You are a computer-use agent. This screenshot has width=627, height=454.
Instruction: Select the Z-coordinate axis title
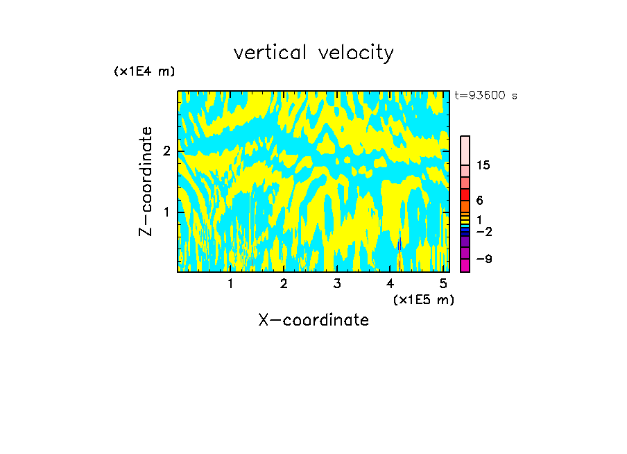pyautogui.click(x=146, y=181)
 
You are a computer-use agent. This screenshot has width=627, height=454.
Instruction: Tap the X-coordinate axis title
pyautogui.click(x=313, y=320)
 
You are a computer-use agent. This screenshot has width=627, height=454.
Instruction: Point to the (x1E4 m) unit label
pyautogui.click(x=144, y=72)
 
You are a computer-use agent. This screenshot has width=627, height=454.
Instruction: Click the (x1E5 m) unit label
pyautogui.click(x=423, y=299)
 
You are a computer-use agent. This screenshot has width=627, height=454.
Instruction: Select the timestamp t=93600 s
pyautogui.click(x=486, y=96)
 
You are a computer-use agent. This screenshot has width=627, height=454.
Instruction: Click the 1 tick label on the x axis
pyautogui.click(x=231, y=284)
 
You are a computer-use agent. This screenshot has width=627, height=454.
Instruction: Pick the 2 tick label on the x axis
pyautogui.click(x=284, y=284)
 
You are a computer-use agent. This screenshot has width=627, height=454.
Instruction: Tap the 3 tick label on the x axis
pyautogui.click(x=337, y=284)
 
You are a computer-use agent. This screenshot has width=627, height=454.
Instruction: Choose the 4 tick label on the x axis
pyautogui.click(x=390, y=284)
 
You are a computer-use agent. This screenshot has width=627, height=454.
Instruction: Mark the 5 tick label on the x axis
pyautogui.click(x=443, y=284)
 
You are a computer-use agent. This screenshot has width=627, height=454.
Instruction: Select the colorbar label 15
pyautogui.click(x=483, y=165)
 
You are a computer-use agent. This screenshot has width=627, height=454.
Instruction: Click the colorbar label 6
pyautogui.click(x=479, y=200)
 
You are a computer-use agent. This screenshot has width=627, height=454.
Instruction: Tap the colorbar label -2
pyautogui.click(x=483, y=231)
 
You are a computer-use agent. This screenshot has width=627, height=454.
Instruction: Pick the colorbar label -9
pyautogui.click(x=483, y=259)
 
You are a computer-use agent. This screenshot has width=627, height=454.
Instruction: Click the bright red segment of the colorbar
pyautogui.click(x=465, y=194)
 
